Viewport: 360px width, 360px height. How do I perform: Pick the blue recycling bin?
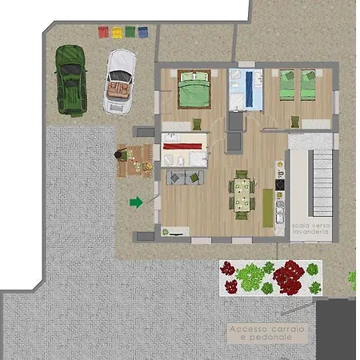pos(143,33)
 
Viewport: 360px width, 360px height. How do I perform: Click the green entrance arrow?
pos(136,202)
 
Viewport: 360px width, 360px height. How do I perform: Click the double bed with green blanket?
pos(193,90)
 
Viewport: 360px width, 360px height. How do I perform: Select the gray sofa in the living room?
pos(185,178)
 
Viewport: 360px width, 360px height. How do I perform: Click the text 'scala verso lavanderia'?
pos(310,228)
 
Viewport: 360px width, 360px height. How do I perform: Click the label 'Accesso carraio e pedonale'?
pos(270,334)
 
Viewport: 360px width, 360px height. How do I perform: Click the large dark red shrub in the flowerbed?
pos(287,277)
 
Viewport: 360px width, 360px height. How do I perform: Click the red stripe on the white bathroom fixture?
pos(185,147)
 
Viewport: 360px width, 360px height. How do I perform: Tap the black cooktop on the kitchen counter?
pos(279,184)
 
